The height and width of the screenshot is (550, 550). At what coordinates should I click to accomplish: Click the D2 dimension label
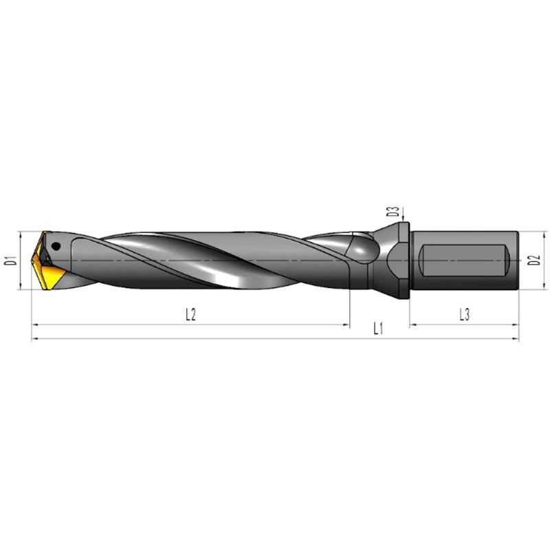coord(534,261)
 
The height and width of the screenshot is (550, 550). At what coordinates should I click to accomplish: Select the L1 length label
coord(378,329)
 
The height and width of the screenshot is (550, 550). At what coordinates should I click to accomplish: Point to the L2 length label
coord(190,314)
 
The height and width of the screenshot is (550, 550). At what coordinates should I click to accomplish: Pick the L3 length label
coord(465,314)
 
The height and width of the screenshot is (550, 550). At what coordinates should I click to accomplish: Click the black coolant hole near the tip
coord(56,246)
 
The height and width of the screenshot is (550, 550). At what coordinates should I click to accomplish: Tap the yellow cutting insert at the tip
coord(47,267)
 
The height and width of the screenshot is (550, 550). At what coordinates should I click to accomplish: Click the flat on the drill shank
coord(464,261)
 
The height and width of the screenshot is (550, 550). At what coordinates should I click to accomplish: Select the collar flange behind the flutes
coord(404,261)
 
